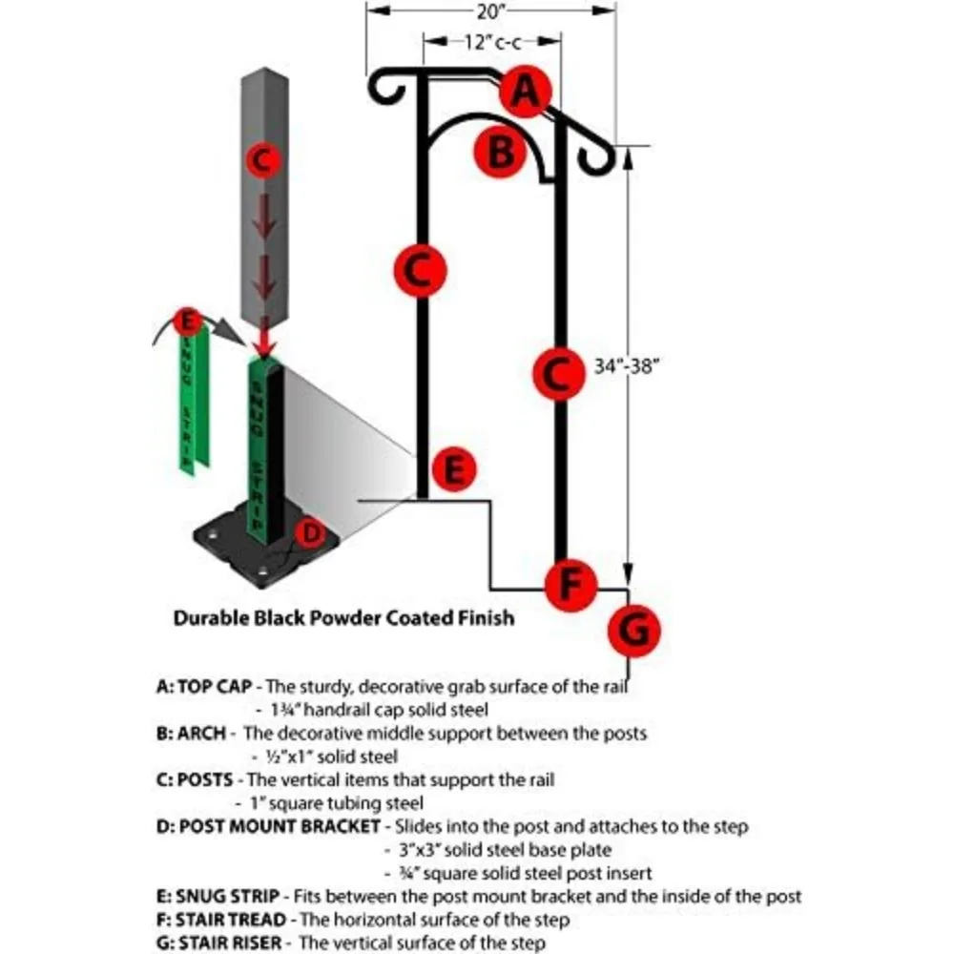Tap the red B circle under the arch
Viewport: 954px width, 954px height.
501,153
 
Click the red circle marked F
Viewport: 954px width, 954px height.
570,583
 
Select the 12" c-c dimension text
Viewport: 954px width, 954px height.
490,42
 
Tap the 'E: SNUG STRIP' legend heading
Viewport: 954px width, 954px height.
218,896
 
